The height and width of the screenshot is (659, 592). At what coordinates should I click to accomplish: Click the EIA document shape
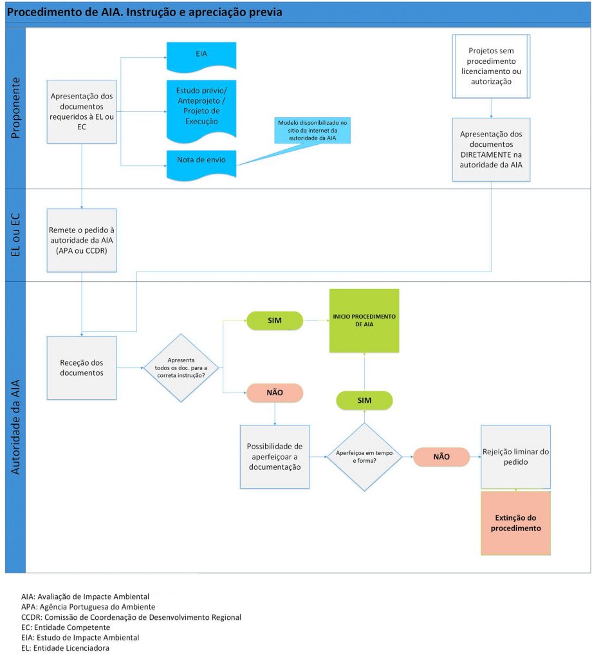[x=201, y=55]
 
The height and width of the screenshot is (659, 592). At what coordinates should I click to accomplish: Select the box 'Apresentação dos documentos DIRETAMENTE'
[x=491, y=149]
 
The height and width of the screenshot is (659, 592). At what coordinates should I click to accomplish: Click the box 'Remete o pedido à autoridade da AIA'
[x=82, y=239]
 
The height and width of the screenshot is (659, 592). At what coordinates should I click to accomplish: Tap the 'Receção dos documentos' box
[x=82, y=367]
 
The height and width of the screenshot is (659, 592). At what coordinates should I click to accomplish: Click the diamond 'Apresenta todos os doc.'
[x=181, y=367]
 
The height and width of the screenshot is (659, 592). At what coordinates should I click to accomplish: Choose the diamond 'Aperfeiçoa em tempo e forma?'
[x=364, y=457]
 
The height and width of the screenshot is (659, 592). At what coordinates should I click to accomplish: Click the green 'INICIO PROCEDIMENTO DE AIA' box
[x=364, y=320]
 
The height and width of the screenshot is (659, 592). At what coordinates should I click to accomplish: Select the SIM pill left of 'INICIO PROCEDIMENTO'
[x=275, y=320]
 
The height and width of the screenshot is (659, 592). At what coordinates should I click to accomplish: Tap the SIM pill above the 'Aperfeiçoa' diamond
[x=364, y=400]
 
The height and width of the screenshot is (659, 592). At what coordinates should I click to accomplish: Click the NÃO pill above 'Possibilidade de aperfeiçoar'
[x=275, y=392]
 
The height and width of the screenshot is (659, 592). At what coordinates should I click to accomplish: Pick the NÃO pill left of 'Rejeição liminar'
[x=441, y=457]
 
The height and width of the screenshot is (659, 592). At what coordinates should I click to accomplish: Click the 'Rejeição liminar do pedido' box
[x=515, y=457]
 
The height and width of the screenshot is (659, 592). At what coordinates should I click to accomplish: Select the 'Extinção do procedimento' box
[x=515, y=523]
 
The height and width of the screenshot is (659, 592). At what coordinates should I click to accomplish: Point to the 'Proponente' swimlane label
[x=15, y=108]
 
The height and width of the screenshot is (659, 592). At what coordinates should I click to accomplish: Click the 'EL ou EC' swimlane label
[x=15, y=235]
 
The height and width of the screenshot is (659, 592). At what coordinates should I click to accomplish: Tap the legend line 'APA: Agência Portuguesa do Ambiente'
[x=88, y=607]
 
